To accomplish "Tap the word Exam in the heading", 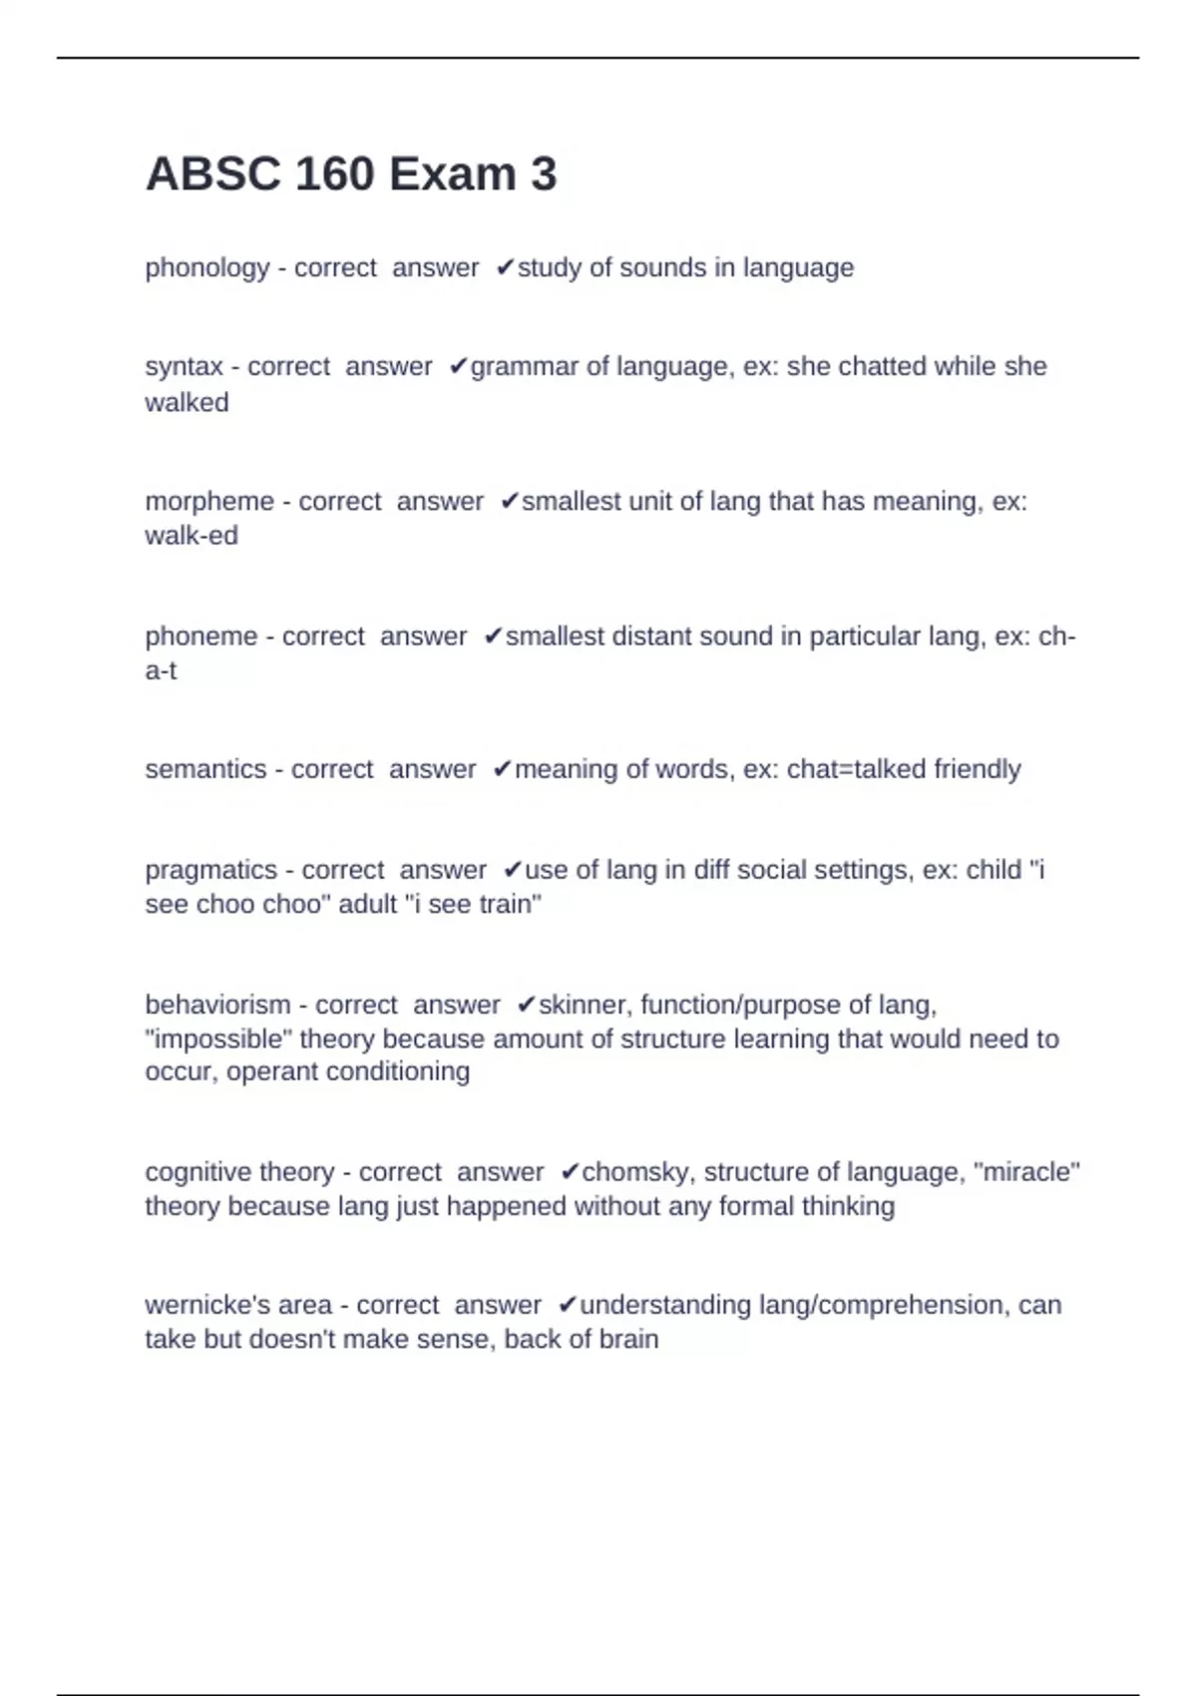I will click(x=452, y=175).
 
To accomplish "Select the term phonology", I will click(x=207, y=268).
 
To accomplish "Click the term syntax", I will click(x=184, y=367).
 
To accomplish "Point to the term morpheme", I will click(x=209, y=501).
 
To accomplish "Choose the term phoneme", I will click(x=200, y=636).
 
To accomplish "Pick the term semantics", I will click(x=205, y=769).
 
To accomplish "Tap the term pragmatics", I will click(x=210, y=870).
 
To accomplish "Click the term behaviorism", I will click(x=217, y=1005).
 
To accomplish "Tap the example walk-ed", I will click(x=192, y=536).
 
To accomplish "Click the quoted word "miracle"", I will click(x=1031, y=1171).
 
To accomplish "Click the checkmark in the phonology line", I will click(x=505, y=267).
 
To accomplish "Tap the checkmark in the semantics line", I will click(x=502, y=769).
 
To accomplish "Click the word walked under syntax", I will click(x=187, y=402).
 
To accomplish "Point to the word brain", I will click(x=627, y=1339).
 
